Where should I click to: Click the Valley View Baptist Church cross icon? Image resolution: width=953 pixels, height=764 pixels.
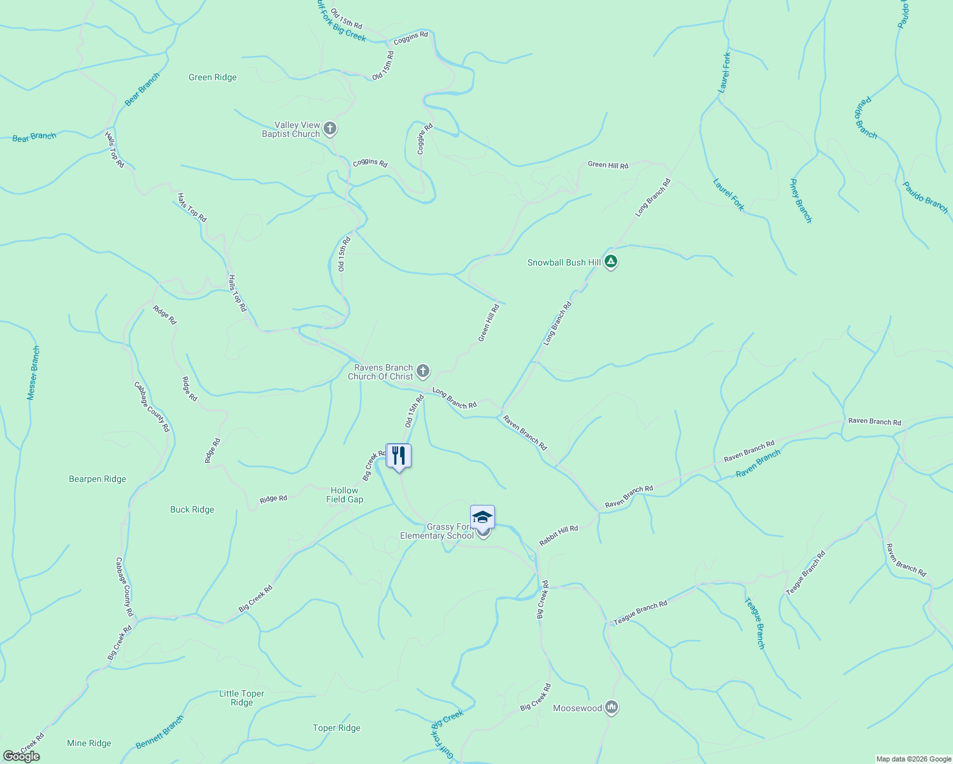click(330, 129)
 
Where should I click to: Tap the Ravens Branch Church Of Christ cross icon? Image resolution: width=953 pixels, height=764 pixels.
click(423, 371)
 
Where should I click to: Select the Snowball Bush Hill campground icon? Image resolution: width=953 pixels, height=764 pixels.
click(611, 261)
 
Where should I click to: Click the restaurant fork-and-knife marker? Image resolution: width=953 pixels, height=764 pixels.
click(399, 456)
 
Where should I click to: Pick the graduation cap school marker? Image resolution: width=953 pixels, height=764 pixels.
click(482, 517)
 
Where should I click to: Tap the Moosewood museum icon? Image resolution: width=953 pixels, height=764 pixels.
click(612, 707)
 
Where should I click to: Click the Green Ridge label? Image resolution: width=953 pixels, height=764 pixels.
click(213, 78)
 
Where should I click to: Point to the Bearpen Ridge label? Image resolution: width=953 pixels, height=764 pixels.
click(97, 479)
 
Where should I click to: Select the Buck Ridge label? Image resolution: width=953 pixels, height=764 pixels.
click(192, 510)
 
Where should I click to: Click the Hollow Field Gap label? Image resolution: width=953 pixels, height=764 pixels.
click(345, 495)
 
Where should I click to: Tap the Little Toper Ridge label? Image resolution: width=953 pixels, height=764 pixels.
click(241, 698)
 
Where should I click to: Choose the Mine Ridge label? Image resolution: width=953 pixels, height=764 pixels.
click(89, 744)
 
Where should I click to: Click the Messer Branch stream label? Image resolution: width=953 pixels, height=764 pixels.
click(34, 373)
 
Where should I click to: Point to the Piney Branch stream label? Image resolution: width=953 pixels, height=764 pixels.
click(801, 201)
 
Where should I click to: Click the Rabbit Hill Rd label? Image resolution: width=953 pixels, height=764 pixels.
click(559, 536)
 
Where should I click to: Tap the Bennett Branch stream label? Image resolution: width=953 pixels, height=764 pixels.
click(160, 732)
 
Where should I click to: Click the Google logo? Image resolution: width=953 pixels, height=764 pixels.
click(21, 756)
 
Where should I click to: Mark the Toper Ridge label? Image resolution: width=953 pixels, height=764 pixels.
click(336, 728)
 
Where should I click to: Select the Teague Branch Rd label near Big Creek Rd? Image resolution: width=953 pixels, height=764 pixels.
click(640, 612)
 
